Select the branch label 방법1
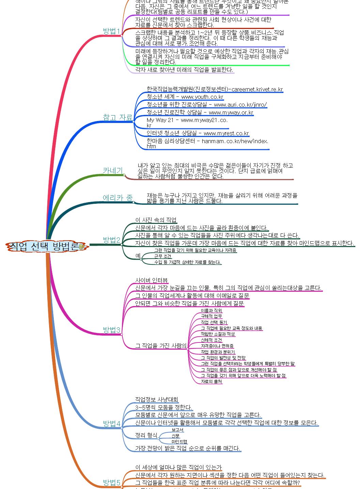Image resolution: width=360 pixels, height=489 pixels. click(111, 31)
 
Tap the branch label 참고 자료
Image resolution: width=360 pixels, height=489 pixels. click(118, 118)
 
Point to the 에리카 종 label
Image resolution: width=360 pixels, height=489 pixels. click(118, 198)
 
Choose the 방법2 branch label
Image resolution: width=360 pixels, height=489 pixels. click(111, 240)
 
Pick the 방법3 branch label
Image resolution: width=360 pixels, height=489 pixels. click(111, 330)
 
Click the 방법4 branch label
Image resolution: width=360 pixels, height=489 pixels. click(111, 424)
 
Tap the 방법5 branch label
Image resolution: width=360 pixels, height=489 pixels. click(111, 483)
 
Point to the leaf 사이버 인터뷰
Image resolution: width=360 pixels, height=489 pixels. click(152, 280)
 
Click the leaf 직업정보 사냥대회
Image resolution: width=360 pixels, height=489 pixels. click(157, 399)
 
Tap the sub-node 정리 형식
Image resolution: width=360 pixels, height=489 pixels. click(146, 435)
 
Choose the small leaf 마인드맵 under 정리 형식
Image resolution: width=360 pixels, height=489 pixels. click(179, 442)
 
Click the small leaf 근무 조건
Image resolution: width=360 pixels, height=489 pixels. click(162, 256)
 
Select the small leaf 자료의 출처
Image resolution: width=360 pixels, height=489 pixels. click(211, 381)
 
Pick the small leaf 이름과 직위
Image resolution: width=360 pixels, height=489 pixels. click(211, 310)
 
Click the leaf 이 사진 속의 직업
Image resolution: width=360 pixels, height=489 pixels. click(156, 220)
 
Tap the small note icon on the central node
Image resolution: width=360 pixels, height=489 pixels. click(82, 246)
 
